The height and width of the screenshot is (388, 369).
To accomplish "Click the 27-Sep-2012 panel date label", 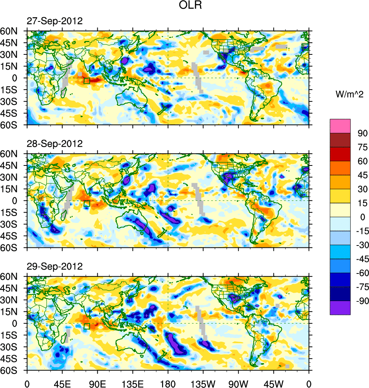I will (54, 21).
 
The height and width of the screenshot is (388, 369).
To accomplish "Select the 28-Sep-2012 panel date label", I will (54, 144).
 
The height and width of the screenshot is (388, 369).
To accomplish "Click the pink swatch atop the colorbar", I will (340, 126).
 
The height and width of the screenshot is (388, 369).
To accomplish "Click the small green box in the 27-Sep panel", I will (87, 80).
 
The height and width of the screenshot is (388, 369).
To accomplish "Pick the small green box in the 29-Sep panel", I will (87, 326).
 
